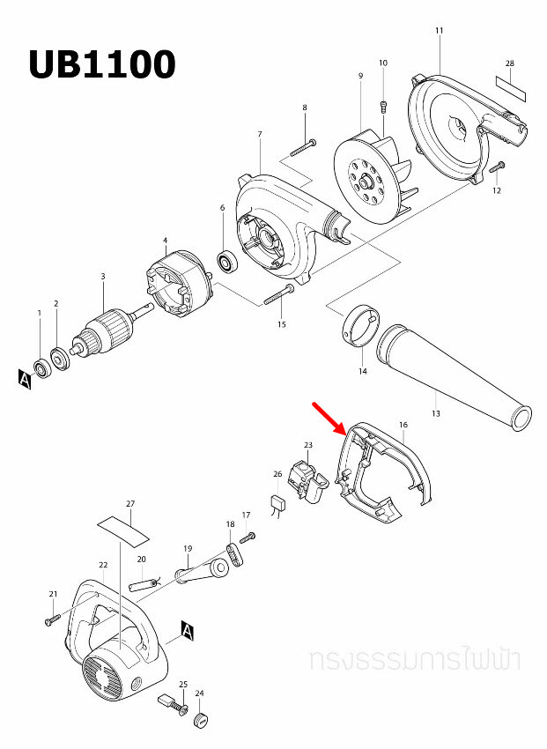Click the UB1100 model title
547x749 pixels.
[x=101, y=64]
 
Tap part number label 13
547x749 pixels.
[x=435, y=412]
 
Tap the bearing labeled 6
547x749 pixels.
[x=228, y=262]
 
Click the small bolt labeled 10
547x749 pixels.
[x=383, y=107]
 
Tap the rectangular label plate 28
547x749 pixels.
[x=510, y=86]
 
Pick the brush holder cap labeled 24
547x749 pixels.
[x=201, y=721]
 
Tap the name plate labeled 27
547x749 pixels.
[x=123, y=529]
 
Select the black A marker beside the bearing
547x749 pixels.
[x=24, y=379]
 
